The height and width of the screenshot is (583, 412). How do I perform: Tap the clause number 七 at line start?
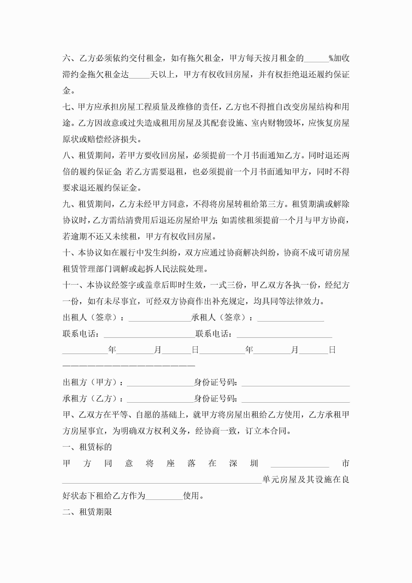(66, 107)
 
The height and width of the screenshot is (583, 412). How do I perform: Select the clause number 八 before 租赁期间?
(66, 155)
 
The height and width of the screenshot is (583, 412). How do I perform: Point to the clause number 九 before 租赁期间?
(66, 204)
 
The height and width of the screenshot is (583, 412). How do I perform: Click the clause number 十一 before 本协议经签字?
(71, 285)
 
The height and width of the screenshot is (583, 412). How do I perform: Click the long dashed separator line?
(129, 366)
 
